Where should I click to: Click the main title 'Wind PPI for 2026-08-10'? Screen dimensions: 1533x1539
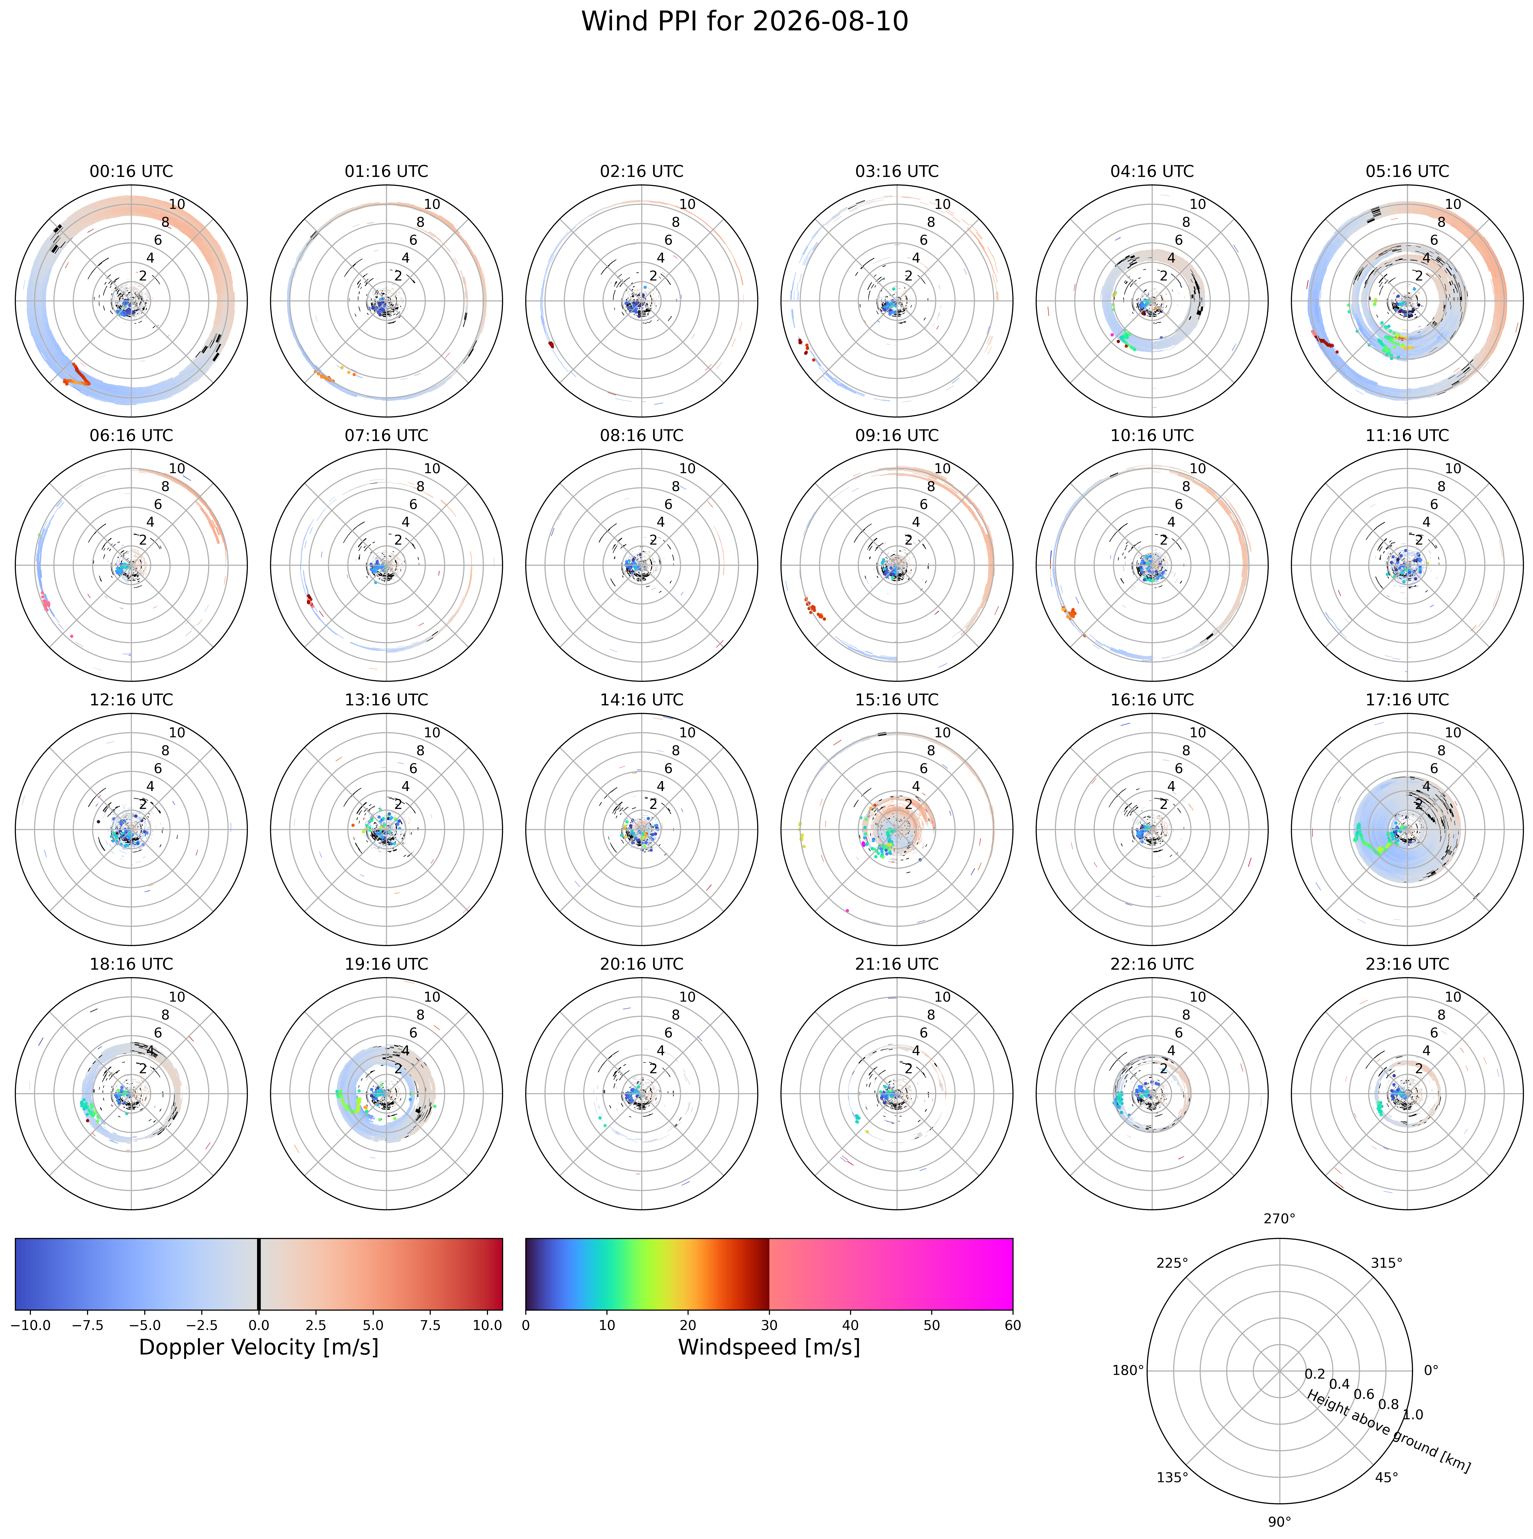[745, 22]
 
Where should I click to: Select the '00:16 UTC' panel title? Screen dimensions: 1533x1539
[131, 171]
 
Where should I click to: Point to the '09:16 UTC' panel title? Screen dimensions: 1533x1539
[897, 436]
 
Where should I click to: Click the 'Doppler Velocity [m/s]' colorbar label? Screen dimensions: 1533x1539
[259, 1347]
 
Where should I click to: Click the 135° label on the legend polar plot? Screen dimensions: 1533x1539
[1172, 1478]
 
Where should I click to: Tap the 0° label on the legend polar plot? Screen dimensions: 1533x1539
[1431, 1370]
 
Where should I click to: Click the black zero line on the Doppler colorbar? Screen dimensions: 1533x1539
[259, 1274]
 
